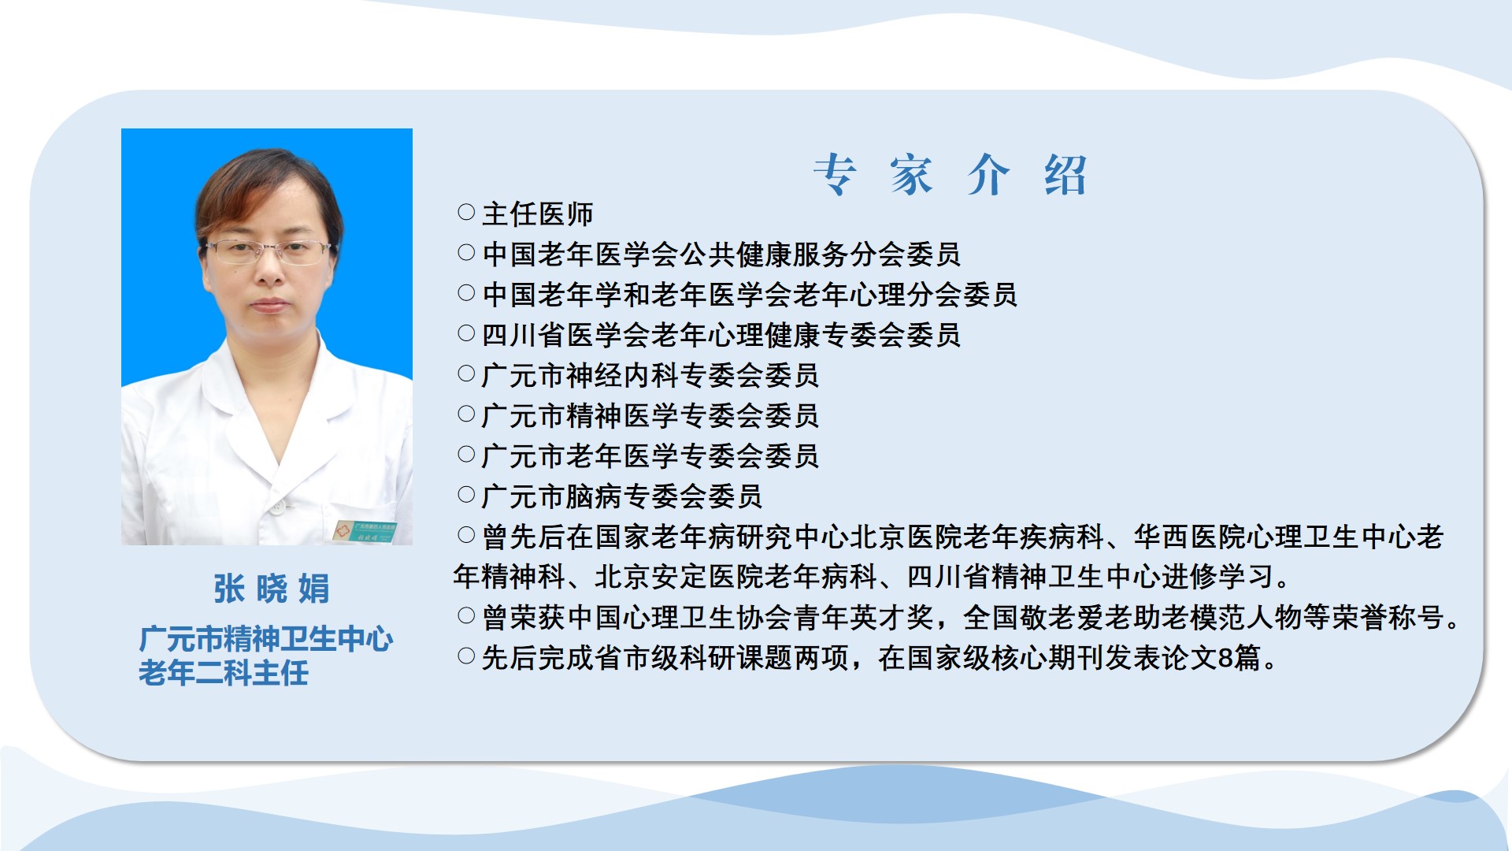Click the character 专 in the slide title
(x=835, y=174)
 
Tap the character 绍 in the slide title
(x=1065, y=174)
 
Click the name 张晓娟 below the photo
(x=272, y=589)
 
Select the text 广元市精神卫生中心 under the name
(x=266, y=639)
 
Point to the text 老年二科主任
(x=224, y=673)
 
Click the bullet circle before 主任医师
(x=466, y=212)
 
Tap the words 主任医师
(x=538, y=214)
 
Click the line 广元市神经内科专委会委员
(x=650, y=375)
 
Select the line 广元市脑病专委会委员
(x=622, y=496)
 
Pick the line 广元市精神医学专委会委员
(x=650, y=415)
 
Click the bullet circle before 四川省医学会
(x=466, y=333)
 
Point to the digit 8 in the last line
(x=1225, y=658)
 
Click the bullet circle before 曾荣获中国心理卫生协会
(x=466, y=615)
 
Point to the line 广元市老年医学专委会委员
(x=650, y=455)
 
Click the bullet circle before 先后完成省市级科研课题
(x=466, y=656)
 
